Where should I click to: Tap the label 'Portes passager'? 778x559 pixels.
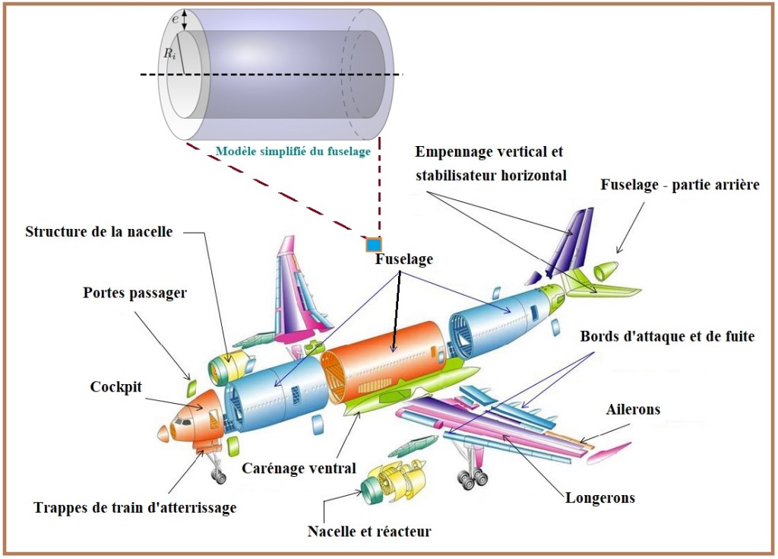click(134, 293)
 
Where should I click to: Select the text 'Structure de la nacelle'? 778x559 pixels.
click(100, 231)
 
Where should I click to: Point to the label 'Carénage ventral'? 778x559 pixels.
click(299, 468)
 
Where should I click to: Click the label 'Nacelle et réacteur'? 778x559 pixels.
click(369, 530)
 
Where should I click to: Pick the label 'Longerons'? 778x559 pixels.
click(600, 498)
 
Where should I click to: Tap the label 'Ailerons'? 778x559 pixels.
click(633, 410)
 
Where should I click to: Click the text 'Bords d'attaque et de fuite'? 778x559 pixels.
click(667, 336)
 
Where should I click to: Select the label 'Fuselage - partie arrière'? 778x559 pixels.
click(680, 185)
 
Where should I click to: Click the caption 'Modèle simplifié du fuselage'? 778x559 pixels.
click(293, 151)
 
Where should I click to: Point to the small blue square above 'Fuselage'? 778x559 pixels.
click(373, 245)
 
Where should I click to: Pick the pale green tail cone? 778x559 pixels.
click(606, 272)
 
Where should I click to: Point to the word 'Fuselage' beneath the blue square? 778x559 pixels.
click(403, 259)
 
